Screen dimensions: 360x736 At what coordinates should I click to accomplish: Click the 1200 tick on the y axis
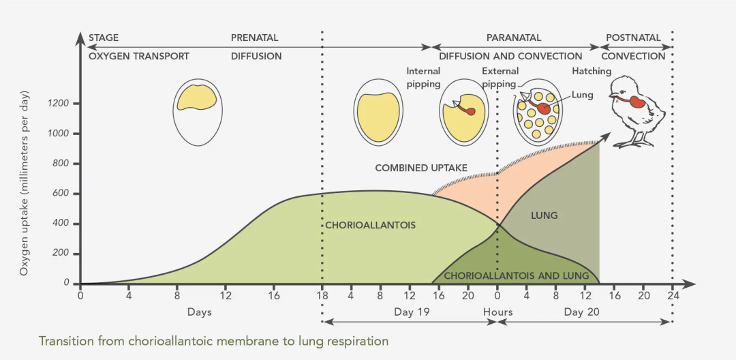coord(59,104)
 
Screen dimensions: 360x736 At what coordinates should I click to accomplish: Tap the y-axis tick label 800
coord(61,164)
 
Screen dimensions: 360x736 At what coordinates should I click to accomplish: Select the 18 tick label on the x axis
coord(322,295)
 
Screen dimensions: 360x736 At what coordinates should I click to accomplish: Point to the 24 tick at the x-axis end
coord(673,295)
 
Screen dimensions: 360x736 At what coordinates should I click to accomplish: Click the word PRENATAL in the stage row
coord(254,38)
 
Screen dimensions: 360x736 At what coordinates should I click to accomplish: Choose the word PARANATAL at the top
coord(513,38)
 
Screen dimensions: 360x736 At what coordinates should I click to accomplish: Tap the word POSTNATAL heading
coord(633,38)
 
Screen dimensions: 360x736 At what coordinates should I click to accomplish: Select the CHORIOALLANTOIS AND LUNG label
coord(516,275)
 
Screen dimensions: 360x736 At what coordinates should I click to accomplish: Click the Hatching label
coord(592,71)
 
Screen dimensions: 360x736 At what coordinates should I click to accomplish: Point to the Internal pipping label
coord(424,77)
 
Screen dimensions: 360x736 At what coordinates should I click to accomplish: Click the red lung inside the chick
coord(639,102)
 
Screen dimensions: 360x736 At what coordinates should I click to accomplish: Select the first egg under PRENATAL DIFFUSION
coord(197,111)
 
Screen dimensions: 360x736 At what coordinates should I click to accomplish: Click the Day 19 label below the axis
coord(411,312)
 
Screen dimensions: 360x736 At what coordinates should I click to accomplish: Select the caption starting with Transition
coord(213,341)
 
